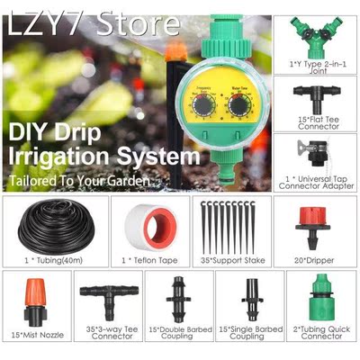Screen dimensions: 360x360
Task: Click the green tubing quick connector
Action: point(321,301)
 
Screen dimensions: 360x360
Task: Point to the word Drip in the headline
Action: point(120,130)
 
